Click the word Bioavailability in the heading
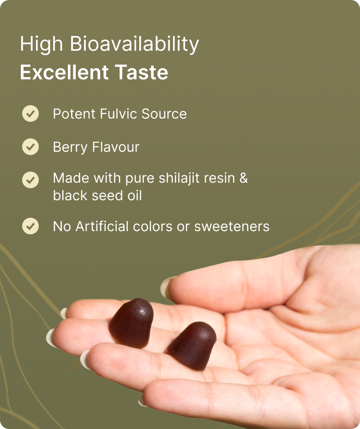[x=134, y=44]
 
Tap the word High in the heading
[x=42, y=44]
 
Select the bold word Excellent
[x=64, y=72]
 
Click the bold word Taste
[x=141, y=72]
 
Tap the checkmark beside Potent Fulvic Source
[x=30, y=113]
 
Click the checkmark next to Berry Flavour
[x=30, y=147]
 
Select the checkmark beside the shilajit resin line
[x=30, y=180]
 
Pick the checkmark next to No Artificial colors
[x=30, y=226]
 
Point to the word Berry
[x=70, y=148]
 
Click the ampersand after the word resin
[x=244, y=178]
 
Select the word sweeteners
[x=232, y=226]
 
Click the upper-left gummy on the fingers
[x=132, y=323]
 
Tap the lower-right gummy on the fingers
[x=192, y=346]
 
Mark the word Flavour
[x=116, y=147]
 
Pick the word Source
[x=164, y=114]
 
